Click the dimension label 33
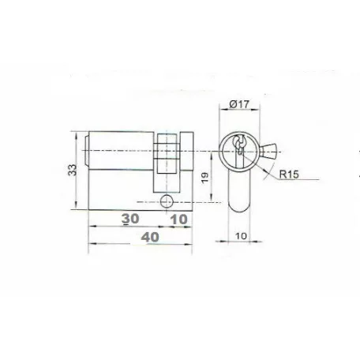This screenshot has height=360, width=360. [x=72, y=170]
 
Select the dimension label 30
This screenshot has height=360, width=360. [x=130, y=219]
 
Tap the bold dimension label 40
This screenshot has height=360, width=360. [x=150, y=237]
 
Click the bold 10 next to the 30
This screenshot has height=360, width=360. [x=179, y=219]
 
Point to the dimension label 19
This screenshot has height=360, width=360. [x=205, y=178]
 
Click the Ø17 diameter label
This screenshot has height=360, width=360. [x=238, y=104]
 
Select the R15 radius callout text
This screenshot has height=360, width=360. [x=289, y=174]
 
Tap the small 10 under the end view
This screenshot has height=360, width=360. [x=241, y=236]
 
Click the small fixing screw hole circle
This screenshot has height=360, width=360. [x=167, y=202]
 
